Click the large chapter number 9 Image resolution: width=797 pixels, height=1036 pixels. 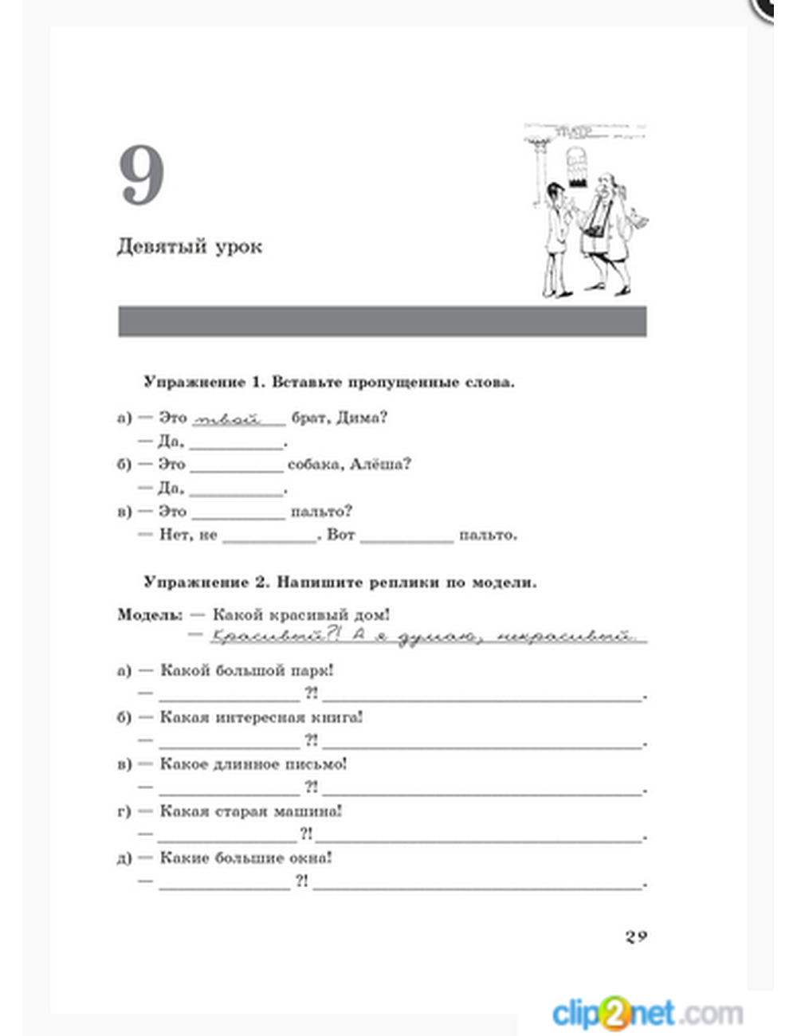(x=142, y=176)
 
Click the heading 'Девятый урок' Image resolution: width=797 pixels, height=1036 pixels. (x=189, y=246)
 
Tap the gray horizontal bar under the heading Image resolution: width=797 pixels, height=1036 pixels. (x=382, y=321)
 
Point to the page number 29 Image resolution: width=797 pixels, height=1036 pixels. (x=635, y=936)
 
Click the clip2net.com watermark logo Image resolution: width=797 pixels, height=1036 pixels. (x=646, y=1013)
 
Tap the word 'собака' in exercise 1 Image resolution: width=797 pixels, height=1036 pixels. (x=315, y=465)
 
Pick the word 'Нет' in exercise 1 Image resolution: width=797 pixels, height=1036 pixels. (x=174, y=535)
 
